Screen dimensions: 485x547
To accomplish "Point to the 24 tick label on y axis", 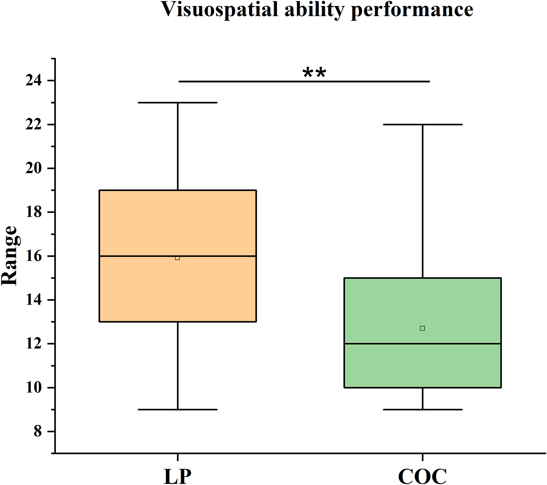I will (x=33, y=81).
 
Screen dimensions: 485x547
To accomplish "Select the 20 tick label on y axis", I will (x=33, y=168).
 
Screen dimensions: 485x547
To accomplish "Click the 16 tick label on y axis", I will (x=33, y=256).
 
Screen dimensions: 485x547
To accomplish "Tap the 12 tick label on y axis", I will (x=33, y=344).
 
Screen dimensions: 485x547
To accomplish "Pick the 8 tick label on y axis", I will (x=38, y=432).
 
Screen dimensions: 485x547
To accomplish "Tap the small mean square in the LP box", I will (x=178, y=258).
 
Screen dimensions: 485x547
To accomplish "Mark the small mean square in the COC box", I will (x=422, y=328).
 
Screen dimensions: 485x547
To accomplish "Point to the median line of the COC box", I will (x=463, y=344).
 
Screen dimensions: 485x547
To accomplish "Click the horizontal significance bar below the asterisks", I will (x=359, y=82).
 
